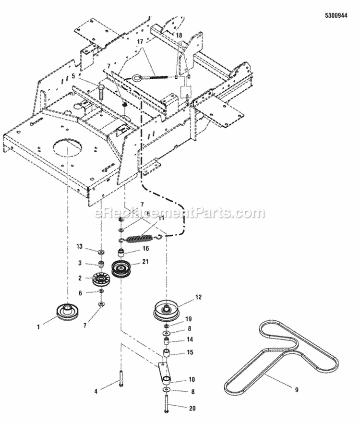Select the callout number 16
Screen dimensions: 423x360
coord(146,249)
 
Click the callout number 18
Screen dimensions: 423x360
coord(179,36)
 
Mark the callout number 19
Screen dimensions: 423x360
coord(189,319)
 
